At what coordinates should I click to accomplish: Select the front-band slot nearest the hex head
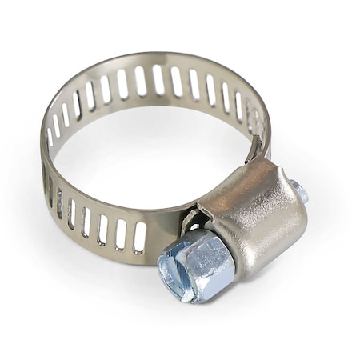pos(140,236)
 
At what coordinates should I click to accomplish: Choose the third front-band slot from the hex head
pos(102,228)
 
